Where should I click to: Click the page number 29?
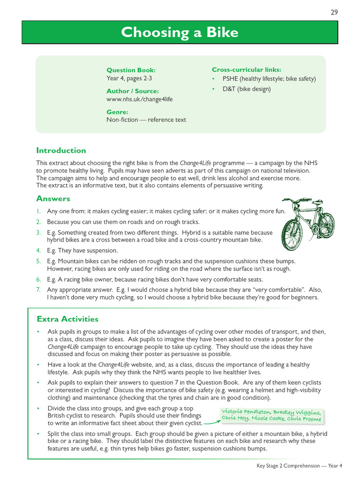[334, 12]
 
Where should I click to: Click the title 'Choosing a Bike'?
[180, 33]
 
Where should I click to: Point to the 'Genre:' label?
[117, 112]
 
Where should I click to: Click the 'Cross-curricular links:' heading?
[247, 69]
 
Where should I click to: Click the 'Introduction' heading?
[61, 150]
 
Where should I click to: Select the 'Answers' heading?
[53, 199]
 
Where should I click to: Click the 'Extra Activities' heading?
[67, 319]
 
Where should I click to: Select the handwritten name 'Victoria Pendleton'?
[246, 412]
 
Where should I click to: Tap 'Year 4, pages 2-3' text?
[129, 78]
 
